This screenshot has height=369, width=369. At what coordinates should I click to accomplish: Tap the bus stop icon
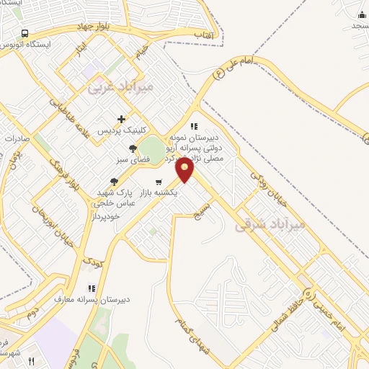[x=25, y=33]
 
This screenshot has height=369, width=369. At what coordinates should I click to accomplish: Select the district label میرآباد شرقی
[x=270, y=225]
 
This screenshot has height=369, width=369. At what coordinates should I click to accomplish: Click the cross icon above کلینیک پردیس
[x=121, y=119]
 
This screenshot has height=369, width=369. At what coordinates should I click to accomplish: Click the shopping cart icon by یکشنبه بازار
[x=159, y=181]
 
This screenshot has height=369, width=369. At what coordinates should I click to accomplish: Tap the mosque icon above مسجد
[x=360, y=13]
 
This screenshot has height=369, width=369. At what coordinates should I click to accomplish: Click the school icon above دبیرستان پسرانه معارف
[x=91, y=288]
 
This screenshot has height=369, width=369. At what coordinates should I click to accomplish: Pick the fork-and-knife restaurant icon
[x=10, y=340]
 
